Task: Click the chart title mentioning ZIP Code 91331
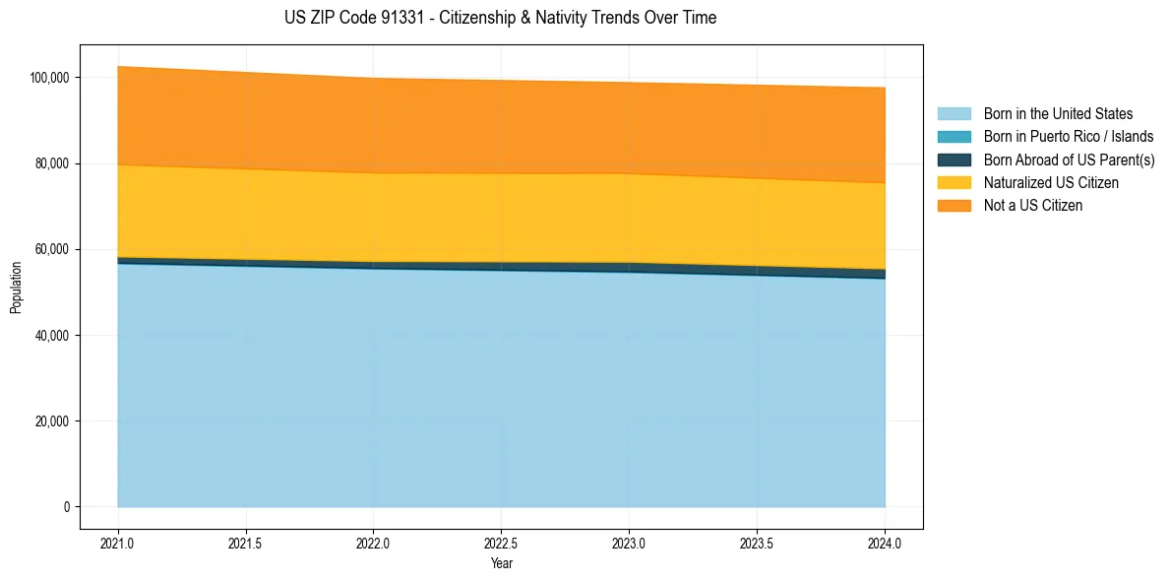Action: [x=501, y=18]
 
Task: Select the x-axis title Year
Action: [x=501, y=564]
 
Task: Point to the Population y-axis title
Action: [x=16, y=288]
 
